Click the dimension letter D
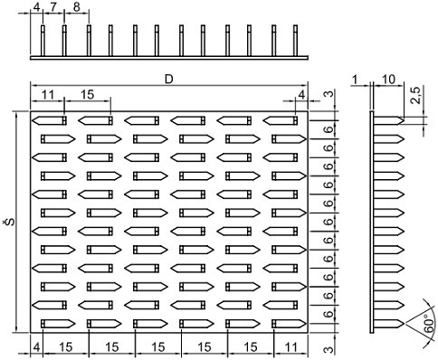169,79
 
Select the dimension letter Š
11,223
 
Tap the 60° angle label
429,324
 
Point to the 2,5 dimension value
416,95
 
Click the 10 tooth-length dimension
388,80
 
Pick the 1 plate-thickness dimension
355,80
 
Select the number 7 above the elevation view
53,6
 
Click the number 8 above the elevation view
77,6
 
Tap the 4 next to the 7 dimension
36,6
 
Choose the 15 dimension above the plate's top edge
87,94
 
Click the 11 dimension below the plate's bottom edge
290,347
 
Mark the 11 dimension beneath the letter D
48,94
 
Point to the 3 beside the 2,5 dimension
330,93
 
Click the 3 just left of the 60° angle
330,349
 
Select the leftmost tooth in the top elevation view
43,41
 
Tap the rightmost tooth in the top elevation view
296,41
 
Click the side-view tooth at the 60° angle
389,324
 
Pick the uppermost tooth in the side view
389,120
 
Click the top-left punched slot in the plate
49,120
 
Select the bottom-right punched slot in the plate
290,324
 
